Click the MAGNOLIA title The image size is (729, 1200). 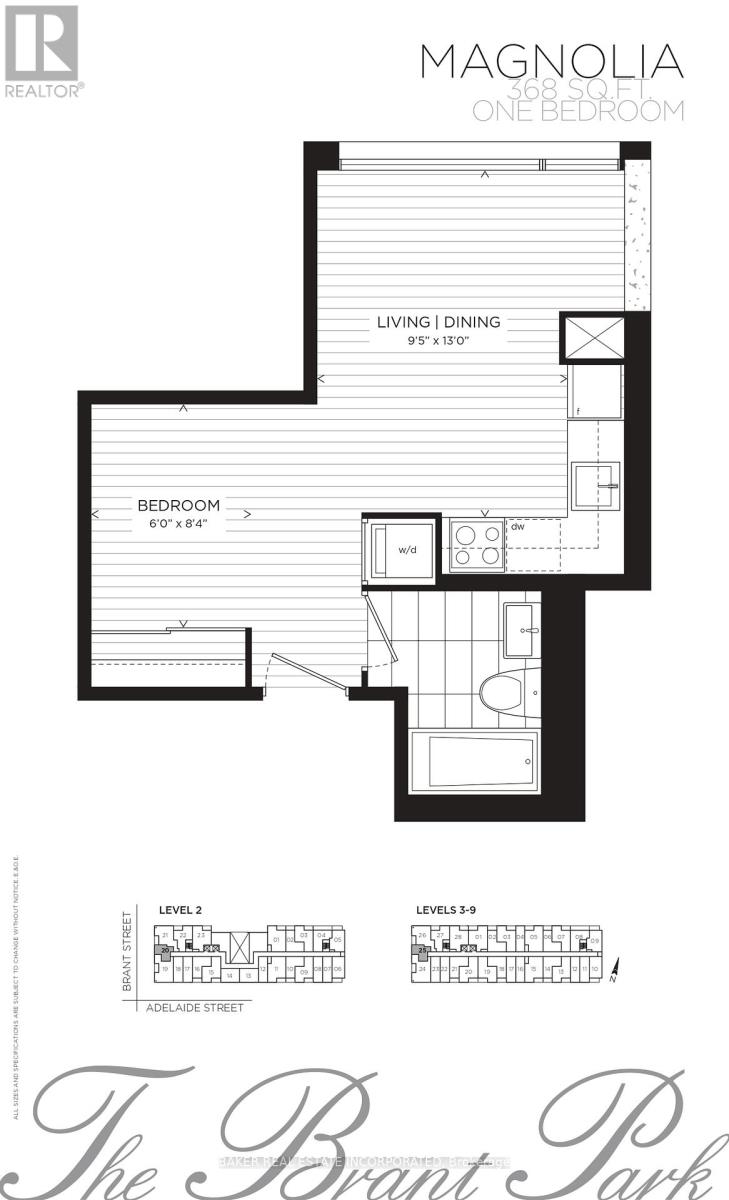(x=552, y=62)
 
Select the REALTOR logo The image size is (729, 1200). (x=42, y=50)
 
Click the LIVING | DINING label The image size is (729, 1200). (x=438, y=322)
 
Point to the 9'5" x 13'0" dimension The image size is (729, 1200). (x=438, y=340)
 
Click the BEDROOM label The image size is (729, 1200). (x=179, y=506)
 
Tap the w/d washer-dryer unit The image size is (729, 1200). (x=403, y=549)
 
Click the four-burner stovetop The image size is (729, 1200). (x=476, y=546)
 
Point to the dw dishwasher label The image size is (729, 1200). (x=518, y=526)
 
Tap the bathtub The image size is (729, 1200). (x=471, y=761)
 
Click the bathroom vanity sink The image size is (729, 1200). (x=521, y=628)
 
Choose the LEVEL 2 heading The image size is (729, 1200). (x=181, y=910)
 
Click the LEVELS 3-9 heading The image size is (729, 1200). (x=448, y=910)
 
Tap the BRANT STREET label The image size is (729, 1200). (x=127, y=950)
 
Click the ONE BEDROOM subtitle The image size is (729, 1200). (x=578, y=111)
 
